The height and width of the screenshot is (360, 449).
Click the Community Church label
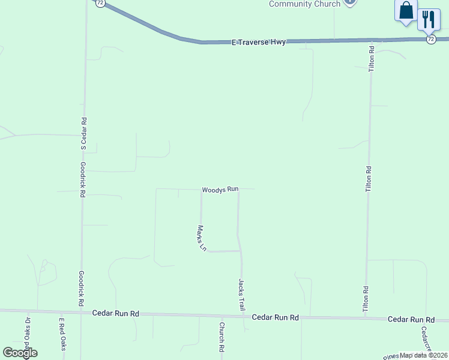point(304,4)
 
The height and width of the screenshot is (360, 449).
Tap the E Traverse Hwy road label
point(259,42)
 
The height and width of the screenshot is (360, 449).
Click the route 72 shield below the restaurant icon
point(431,39)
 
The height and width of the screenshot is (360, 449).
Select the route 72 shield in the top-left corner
point(100,2)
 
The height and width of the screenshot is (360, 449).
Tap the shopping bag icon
point(406,11)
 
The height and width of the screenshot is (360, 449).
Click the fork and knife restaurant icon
point(429,19)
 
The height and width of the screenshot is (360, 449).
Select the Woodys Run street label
point(220,189)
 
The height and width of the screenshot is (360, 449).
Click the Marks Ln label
point(202,238)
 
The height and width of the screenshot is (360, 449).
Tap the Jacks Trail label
point(242,295)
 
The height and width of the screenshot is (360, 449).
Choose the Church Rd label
point(221,337)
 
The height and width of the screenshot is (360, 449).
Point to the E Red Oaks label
point(61,334)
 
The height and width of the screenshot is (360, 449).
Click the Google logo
point(20,353)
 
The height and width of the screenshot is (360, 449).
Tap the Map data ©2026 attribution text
point(423,355)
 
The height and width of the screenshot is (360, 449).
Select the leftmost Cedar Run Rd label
point(116,313)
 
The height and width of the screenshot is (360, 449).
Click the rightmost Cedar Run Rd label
point(411,319)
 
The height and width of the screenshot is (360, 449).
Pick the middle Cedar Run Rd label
point(276,317)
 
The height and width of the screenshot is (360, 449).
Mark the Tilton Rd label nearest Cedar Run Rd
point(366,298)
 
